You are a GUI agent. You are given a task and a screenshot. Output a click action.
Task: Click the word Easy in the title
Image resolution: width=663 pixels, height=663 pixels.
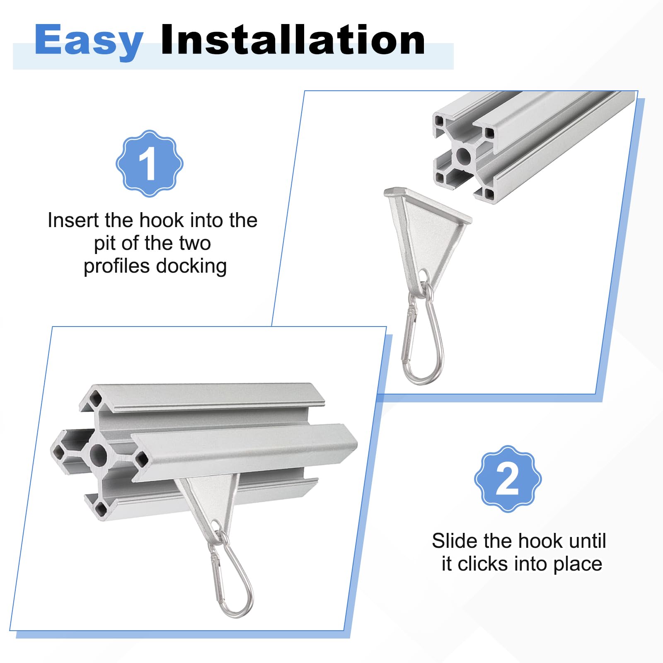coord(89,41)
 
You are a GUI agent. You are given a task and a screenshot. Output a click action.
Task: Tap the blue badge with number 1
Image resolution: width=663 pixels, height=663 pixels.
coord(150,163)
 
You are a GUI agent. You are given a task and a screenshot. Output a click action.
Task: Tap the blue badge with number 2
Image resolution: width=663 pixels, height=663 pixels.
coord(508,479)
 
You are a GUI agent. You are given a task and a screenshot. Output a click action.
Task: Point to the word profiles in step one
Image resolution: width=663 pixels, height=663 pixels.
coord(116,266)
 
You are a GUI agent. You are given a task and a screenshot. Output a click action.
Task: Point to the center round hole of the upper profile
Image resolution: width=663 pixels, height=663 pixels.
coord(463,156)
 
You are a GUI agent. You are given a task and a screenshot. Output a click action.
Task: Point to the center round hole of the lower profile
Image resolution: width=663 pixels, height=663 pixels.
coord(98,455)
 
